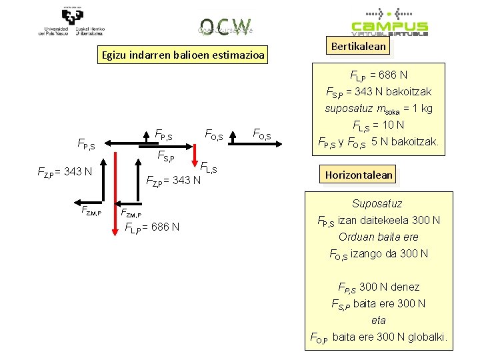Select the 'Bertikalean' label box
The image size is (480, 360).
click(x=357, y=46)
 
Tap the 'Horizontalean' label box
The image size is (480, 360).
click(x=359, y=175)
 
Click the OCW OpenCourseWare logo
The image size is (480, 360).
click(x=225, y=26)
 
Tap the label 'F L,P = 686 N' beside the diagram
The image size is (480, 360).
click(x=152, y=227)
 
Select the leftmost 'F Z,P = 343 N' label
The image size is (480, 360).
click(x=63, y=172)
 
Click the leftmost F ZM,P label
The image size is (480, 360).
click(x=90, y=211)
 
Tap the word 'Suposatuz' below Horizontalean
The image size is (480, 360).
click(x=377, y=203)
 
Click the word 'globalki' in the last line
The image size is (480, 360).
click(x=428, y=337)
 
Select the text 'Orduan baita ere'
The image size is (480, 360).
click(x=377, y=237)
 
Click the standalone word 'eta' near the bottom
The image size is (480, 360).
click(x=379, y=320)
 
